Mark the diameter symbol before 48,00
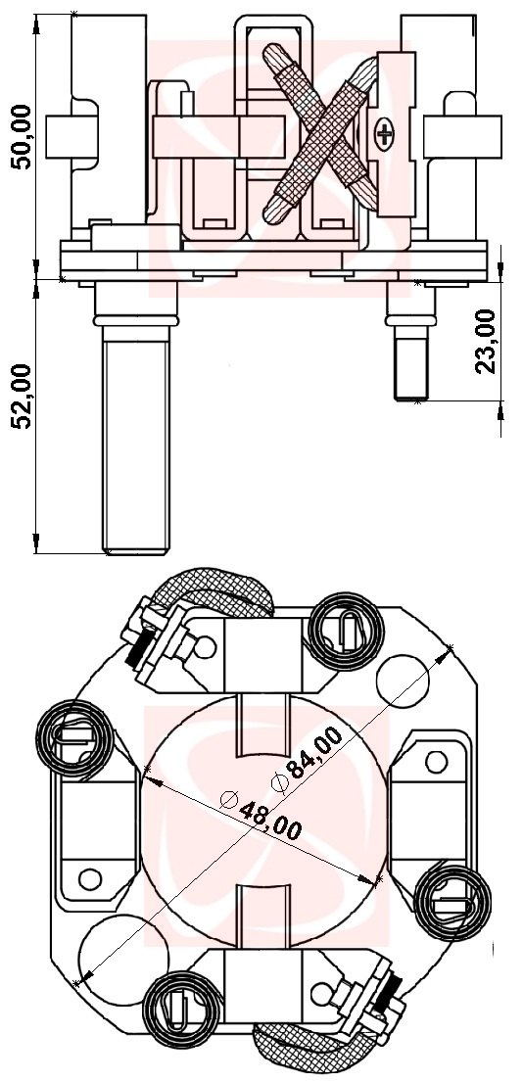(x=230, y=798)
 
